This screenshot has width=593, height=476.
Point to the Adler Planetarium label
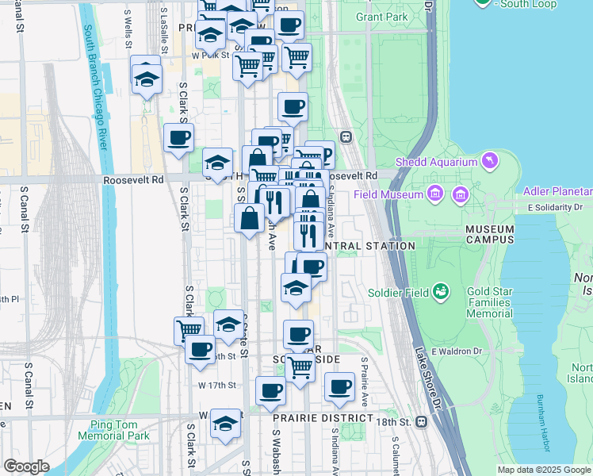[557, 192]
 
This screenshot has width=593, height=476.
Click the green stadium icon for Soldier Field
[441, 292]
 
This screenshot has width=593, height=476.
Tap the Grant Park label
[381, 17]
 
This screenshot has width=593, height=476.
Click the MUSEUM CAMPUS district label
[489, 234]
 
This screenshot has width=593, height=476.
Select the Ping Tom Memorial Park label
[114, 430]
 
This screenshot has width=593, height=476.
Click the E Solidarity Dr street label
[553, 208]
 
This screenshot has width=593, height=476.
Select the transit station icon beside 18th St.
[422, 423]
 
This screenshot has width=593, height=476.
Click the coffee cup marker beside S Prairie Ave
[339, 387]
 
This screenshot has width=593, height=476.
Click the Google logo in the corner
[26, 466]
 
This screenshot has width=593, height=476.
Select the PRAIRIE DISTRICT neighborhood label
[323, 418]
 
